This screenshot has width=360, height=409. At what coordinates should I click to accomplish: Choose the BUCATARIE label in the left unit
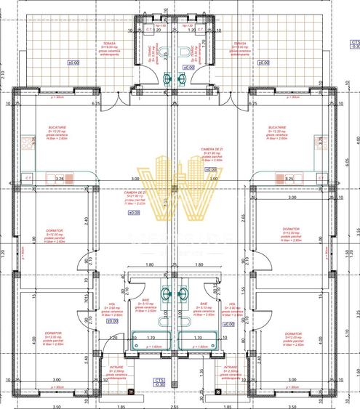pos(57,126)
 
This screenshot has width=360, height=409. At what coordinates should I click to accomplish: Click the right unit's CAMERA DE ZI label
pos(212,150)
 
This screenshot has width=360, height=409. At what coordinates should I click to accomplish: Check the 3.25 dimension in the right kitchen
pos(289,177)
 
